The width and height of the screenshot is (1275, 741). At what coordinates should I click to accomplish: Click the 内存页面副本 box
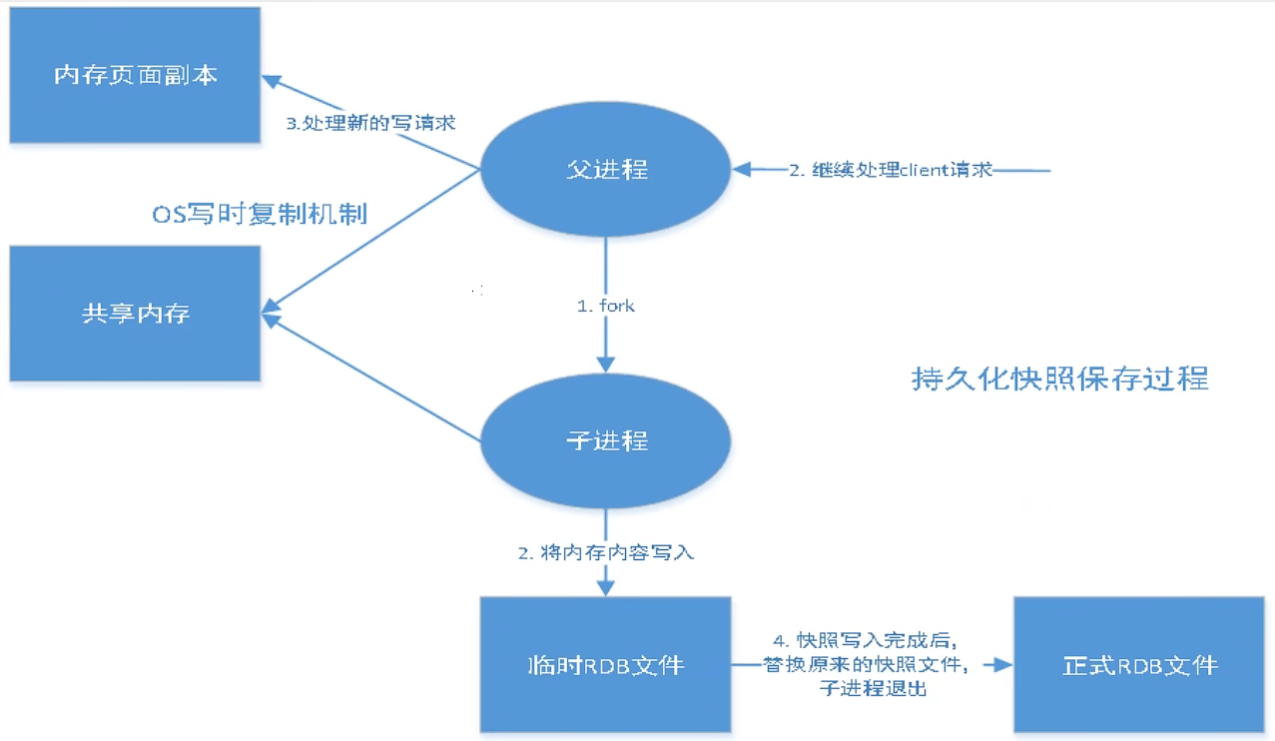pyautogui.click(x=136, y=75)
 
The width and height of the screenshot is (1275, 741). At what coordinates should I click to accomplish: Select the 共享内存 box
pyautogui.click(x=136, y=314)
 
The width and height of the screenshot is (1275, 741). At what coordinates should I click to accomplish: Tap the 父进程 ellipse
pyautogui.click(x=606, y=169)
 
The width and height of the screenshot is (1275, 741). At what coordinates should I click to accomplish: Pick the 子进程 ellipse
pyautogui.click(x=606, y=440)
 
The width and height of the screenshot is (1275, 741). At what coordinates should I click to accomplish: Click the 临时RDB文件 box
pyautogui.click(x=606, y=664)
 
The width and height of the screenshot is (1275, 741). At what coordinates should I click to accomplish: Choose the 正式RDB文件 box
pyautogui.click(x=1140, y=664)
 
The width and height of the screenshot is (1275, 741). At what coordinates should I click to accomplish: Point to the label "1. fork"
pyautogui.click(x=606, y=306)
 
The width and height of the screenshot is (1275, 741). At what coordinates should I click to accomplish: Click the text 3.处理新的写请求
pyautogui.click(x=371, y=123)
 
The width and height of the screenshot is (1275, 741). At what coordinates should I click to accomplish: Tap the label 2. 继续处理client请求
pyautogui.click(x=891, y=170)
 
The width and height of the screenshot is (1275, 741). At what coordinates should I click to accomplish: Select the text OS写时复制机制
pyautogui.click(x=259, y=214)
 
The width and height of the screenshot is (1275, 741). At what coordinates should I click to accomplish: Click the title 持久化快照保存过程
pyautogui.click(x=1059, y=378)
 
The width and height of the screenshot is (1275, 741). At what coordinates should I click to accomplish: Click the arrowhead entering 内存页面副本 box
pyautogui.click(x=271, y=79)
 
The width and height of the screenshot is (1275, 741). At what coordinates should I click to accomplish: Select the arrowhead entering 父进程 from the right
pyautogui.click(x=740, y=170)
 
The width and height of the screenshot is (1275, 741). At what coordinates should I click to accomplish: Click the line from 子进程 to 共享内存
pyautogui.click(x=379, y=380)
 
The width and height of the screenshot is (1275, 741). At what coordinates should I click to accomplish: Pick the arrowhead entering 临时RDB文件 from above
pyautogui.click(x=606, y=589)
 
